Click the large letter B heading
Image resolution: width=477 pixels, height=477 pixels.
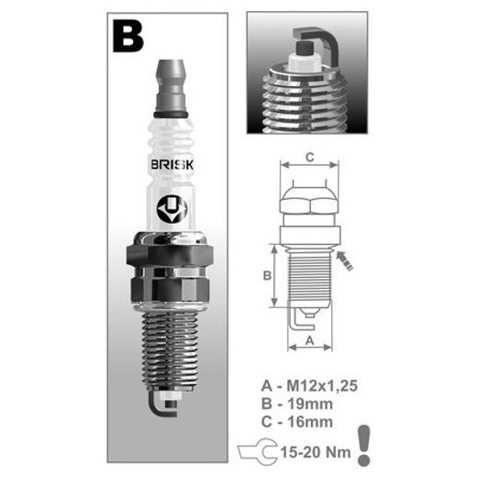(128, 37)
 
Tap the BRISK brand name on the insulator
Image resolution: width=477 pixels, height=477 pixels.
(172, 165)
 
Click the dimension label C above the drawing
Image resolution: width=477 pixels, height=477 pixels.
(310, 158)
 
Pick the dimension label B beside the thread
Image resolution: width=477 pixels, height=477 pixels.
(267, 275)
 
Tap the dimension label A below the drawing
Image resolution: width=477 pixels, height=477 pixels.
(310, 340)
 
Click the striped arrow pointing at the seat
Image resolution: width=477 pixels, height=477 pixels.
(345, 261)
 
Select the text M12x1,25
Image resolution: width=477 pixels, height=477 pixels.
(322, 385)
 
